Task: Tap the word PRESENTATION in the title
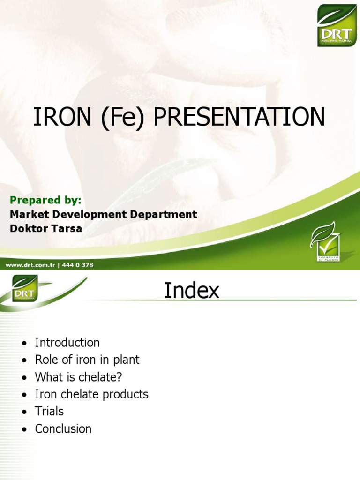(x=239, y=117)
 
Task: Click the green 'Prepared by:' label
(x=45, y=200)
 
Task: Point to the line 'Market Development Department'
(x=103, y=214)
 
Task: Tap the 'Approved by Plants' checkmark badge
(x=324, y=241)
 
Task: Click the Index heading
(x=192, y=291)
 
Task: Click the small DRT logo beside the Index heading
(x=25, y=288)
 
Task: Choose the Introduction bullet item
(x=67, y=343)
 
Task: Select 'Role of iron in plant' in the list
(x=87, y=360)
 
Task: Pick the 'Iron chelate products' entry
(x=91, y=394)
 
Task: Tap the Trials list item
(x=49, y=412)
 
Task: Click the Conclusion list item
(x=63, y=428)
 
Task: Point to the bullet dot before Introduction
(x=25, y=343)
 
